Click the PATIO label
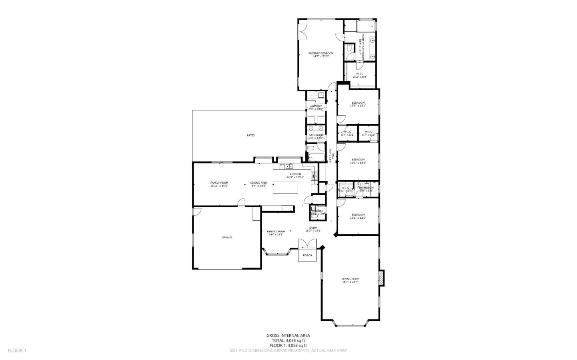point(250,135)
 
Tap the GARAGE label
point(227,237)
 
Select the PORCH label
point(307,255)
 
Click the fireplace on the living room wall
point(382,278)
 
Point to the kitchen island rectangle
point(286,187)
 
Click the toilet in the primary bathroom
point(349,48)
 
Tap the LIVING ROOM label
point(350,279)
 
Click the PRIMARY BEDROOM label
point(321,53)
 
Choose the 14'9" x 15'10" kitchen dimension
point(295,177)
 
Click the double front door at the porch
point(307,244)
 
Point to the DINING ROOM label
point(276,231)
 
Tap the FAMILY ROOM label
point(219,183)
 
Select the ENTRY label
point(313,227)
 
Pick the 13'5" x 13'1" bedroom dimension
point(358,106)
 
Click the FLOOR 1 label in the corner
point(17,350)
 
